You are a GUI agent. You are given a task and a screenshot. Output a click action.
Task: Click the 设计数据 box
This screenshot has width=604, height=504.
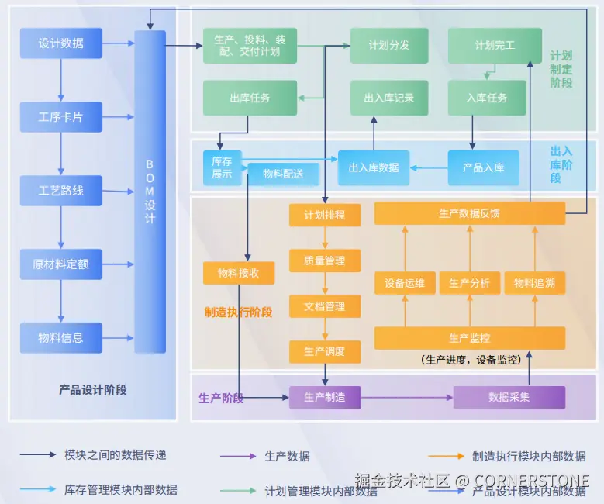(x=60, y=43)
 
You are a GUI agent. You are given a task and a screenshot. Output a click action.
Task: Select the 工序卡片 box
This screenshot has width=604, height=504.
(x=60, y=117)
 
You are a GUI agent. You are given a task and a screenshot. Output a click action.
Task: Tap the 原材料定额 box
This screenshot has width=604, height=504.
(x=60, y=264)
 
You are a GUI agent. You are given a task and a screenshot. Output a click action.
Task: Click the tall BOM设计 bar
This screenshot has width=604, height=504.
(x=150, y=192)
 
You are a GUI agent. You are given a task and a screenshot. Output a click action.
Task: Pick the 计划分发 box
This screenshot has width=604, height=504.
(x=388, y=45)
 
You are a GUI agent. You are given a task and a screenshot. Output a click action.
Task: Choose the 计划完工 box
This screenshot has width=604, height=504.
(x=495, y=45)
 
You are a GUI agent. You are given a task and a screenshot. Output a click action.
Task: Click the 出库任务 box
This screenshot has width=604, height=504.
(x=250, y=98)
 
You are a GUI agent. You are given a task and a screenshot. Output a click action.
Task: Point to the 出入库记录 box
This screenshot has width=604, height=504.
(x=388, y=98)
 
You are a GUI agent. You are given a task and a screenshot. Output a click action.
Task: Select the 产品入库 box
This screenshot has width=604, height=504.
(x=483, y=167)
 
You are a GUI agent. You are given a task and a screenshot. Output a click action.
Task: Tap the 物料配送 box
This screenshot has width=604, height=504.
(x=283, y=174)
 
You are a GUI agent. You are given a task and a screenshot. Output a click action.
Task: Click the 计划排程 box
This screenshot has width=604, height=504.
(x=325, y=215)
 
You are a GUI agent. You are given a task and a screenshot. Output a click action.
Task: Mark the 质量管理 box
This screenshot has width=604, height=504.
(x=325, y=261)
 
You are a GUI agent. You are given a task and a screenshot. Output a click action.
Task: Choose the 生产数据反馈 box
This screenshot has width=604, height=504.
(x=469, y=213)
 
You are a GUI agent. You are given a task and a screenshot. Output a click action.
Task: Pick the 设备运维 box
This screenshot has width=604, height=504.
(x=405, y=284)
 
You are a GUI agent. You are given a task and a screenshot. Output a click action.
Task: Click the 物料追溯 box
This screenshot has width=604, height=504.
(x=534, y=284)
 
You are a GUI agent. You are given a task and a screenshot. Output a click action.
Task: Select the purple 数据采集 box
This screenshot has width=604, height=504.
(x=509, y=397)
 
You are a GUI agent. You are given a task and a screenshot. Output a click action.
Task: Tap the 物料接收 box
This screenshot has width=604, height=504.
(x=239, y=273)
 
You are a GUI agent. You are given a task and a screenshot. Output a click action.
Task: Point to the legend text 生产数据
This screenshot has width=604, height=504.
(x=287, y=457)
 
